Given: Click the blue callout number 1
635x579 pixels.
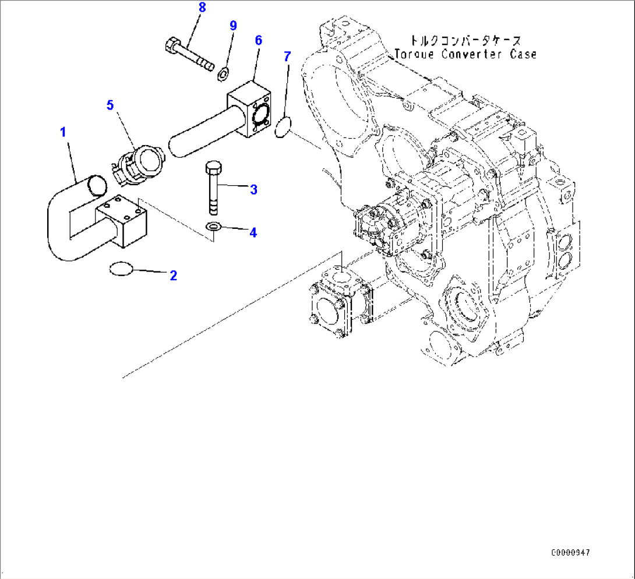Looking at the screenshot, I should (63, 132).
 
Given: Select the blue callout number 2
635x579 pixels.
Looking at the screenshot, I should (173, 276).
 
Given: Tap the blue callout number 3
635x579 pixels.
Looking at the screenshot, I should (253, 189).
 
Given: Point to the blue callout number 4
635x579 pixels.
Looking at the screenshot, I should (253, 232).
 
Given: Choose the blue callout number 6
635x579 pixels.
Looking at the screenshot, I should (258, 40).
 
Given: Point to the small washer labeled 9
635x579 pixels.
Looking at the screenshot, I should (223, 74).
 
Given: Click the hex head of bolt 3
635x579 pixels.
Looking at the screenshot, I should (212, 169).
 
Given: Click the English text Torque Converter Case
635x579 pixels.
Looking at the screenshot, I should (465, 54).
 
